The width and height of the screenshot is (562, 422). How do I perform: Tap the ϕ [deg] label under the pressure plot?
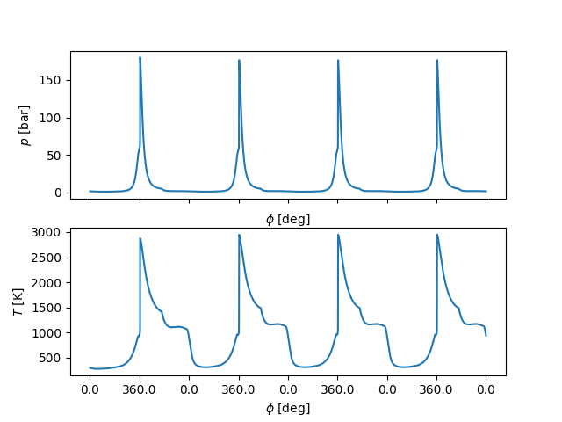tap(288, 219)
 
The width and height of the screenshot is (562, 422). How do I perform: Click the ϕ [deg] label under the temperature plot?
tap(288, 408)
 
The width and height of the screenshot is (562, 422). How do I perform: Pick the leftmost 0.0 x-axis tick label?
tap(90, 388)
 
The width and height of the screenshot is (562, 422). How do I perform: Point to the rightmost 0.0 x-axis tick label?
tap(486, 388)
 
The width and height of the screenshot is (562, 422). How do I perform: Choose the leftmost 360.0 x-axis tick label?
tap(140, 388)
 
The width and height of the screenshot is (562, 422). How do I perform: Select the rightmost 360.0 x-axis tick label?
tap(436, 388)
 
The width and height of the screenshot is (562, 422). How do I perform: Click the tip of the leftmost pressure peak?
tap(140, 58)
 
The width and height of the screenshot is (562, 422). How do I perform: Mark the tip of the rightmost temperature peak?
tap(437, 235)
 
